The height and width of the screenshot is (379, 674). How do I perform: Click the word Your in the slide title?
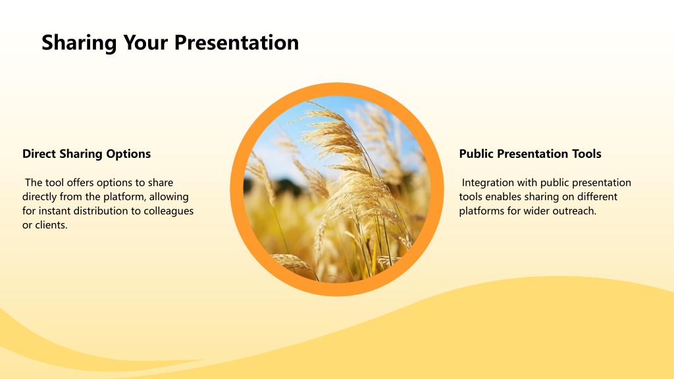145,43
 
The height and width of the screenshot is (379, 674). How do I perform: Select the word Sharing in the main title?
79,43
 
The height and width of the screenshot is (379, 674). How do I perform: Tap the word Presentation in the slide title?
236,43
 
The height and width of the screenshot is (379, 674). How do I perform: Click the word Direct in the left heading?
39,154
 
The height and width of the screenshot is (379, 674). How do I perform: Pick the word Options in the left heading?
128,154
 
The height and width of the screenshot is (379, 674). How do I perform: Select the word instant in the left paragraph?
55,211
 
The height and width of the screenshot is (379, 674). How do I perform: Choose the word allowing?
169,197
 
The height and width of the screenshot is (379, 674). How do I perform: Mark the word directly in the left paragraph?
39,197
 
